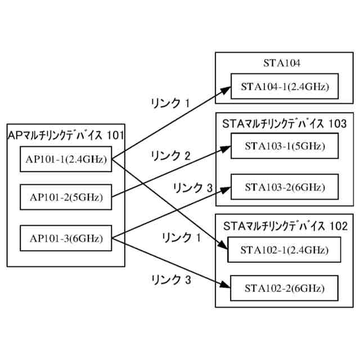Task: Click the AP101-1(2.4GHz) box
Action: (65, 159)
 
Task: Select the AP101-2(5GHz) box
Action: (65, 198)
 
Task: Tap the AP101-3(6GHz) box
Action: (65, 238)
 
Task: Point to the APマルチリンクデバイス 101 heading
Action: (66, 135)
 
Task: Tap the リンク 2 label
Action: (172, 156)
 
